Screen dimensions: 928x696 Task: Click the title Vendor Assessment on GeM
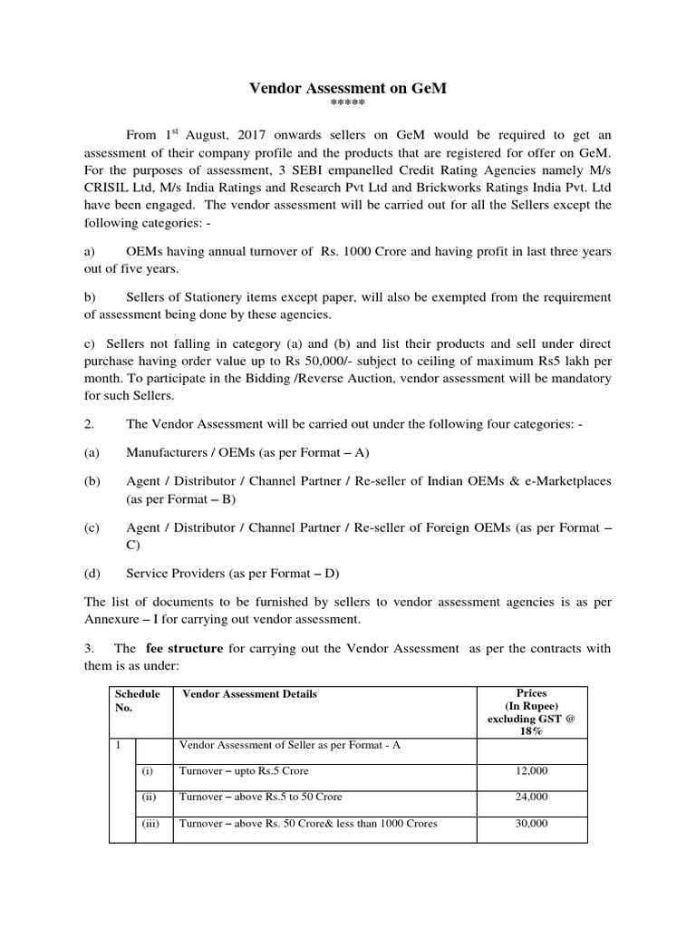tap(348, 88)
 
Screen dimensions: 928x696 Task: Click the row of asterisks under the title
tap(348, 103)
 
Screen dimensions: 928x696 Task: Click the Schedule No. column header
tap(136, 701)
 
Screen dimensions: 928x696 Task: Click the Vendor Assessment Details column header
tap(250, 694)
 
